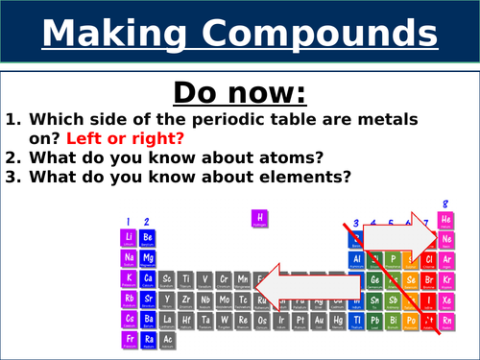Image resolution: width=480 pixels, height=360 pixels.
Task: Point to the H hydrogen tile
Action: click(257, 219)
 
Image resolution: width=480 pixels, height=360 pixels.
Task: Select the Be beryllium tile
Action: click(146, 237)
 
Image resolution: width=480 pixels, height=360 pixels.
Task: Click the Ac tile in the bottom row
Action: click(166, 339)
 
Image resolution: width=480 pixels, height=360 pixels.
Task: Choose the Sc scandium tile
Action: click(166, 278)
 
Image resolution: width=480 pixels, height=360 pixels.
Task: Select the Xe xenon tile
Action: click(445, 299)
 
